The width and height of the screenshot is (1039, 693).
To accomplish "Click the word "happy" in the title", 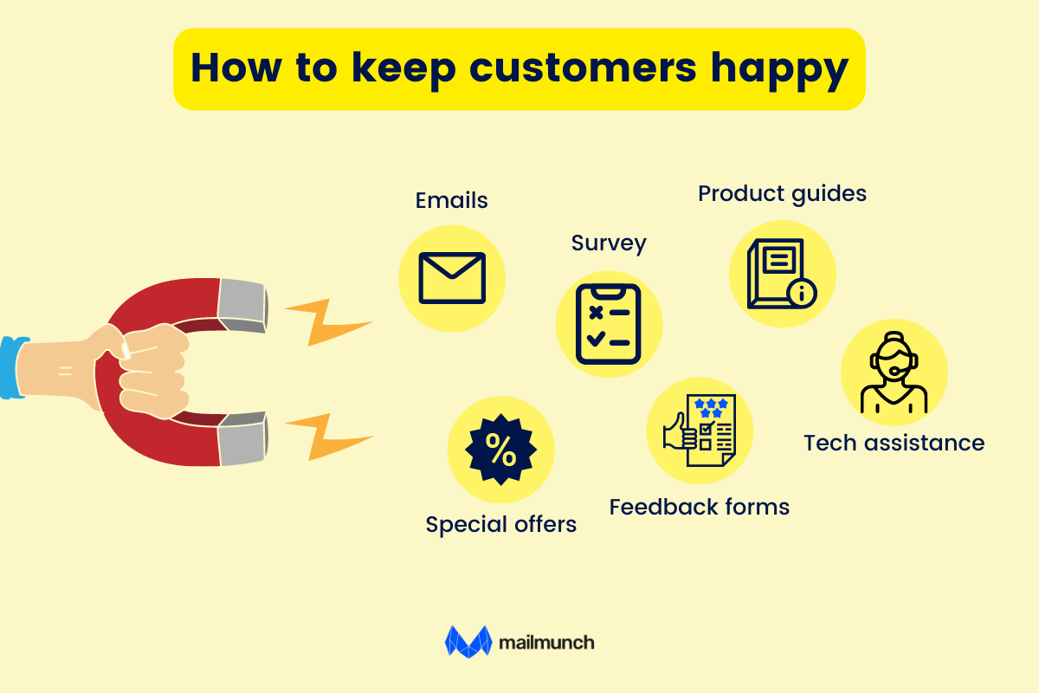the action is coord(780,70).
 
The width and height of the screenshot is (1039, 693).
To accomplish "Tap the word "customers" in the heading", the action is coord(583,68).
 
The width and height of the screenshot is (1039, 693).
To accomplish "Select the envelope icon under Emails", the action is coord(452,278).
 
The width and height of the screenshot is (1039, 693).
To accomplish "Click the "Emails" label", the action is coord(451,200).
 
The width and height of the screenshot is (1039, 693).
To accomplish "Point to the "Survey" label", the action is coord(609,243).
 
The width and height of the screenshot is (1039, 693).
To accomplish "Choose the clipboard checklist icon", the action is coord(608,324).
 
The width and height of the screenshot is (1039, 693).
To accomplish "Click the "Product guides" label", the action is coord(782,194).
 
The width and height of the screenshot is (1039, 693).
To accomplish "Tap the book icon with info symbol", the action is coord(782,274).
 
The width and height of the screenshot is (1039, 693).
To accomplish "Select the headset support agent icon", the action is coord(894,372).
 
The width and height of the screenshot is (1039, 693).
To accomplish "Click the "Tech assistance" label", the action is coord(894,443).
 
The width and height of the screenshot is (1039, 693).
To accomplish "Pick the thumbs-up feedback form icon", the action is coord(700,431).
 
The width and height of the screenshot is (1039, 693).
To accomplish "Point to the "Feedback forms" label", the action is coord(699,507).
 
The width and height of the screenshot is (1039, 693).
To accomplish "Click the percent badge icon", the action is coord(501,450).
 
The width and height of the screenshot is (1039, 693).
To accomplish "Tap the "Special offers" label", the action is coord(501,525).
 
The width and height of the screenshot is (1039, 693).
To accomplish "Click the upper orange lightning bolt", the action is coord(328,321).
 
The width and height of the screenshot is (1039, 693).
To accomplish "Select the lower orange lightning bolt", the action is coord(328,437).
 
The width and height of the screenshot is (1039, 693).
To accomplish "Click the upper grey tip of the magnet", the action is coord(242,306).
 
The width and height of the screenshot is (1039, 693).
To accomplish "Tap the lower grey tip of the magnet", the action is coord(243,438).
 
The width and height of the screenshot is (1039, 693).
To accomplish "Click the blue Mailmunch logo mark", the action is coord(468,642).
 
